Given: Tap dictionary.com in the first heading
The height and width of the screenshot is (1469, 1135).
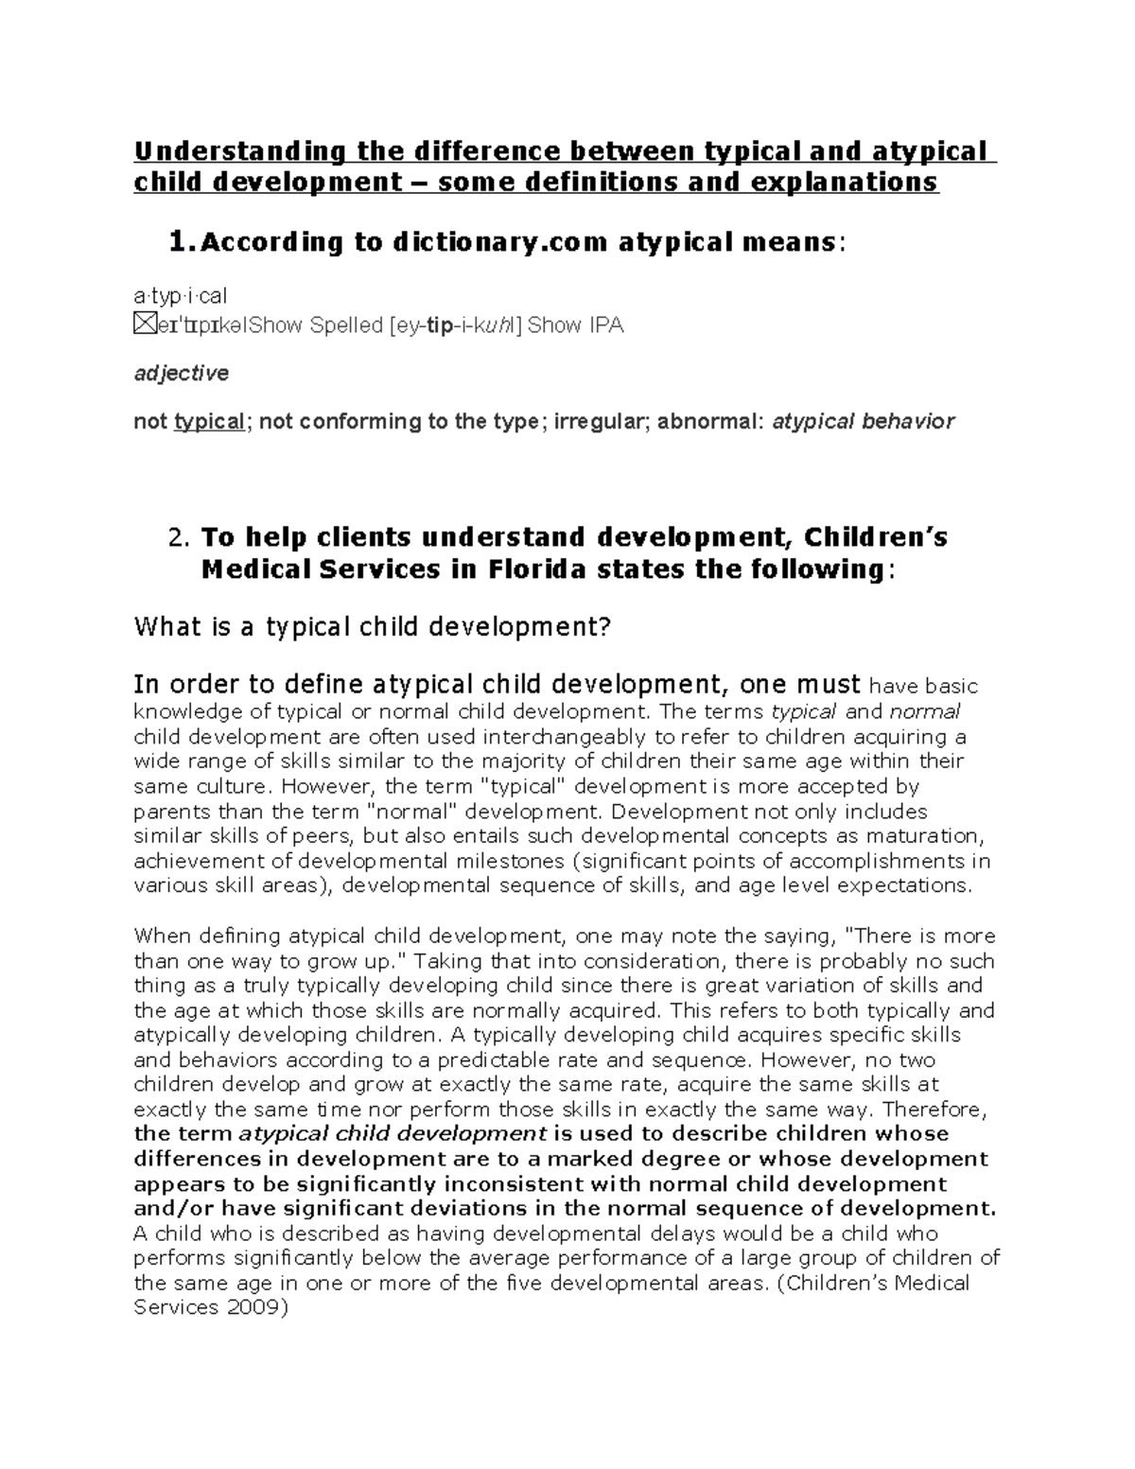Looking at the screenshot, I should click(x=500, y=243).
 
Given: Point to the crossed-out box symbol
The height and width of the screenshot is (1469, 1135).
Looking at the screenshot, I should click(x=144, y=325).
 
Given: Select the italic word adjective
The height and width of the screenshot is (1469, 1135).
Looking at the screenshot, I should click(x=181, y=374).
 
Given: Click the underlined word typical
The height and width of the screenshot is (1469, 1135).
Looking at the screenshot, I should click(x=209, y=422).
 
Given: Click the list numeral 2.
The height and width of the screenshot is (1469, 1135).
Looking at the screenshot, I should click(x=179, y=538).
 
